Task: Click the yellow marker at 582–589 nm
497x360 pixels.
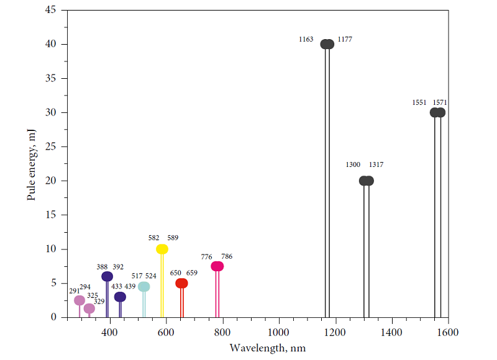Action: tap(162, 249)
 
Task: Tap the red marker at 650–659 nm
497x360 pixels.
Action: tap(181, 283)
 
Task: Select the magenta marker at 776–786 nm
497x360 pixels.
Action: tap(217, 266)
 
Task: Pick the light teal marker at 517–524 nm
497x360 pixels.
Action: tap(144, 286)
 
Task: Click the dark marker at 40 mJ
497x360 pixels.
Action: tap(327, 44)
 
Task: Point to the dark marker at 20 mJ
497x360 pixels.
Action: tap(367, 181)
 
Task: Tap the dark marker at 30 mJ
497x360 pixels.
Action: tap(438, 112)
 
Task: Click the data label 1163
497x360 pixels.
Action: tap(306, 40)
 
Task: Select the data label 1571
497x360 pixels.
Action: tap(440, 102)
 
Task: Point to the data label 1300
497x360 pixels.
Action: tap(353, 165)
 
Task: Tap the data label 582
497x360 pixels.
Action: tap(153, 238)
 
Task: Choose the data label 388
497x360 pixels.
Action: tap(102, 267)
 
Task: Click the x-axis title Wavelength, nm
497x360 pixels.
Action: tap(267, 348)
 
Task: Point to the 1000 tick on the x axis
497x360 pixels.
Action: tap(278, 332)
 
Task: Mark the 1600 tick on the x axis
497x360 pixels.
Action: tap(447, 332)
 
